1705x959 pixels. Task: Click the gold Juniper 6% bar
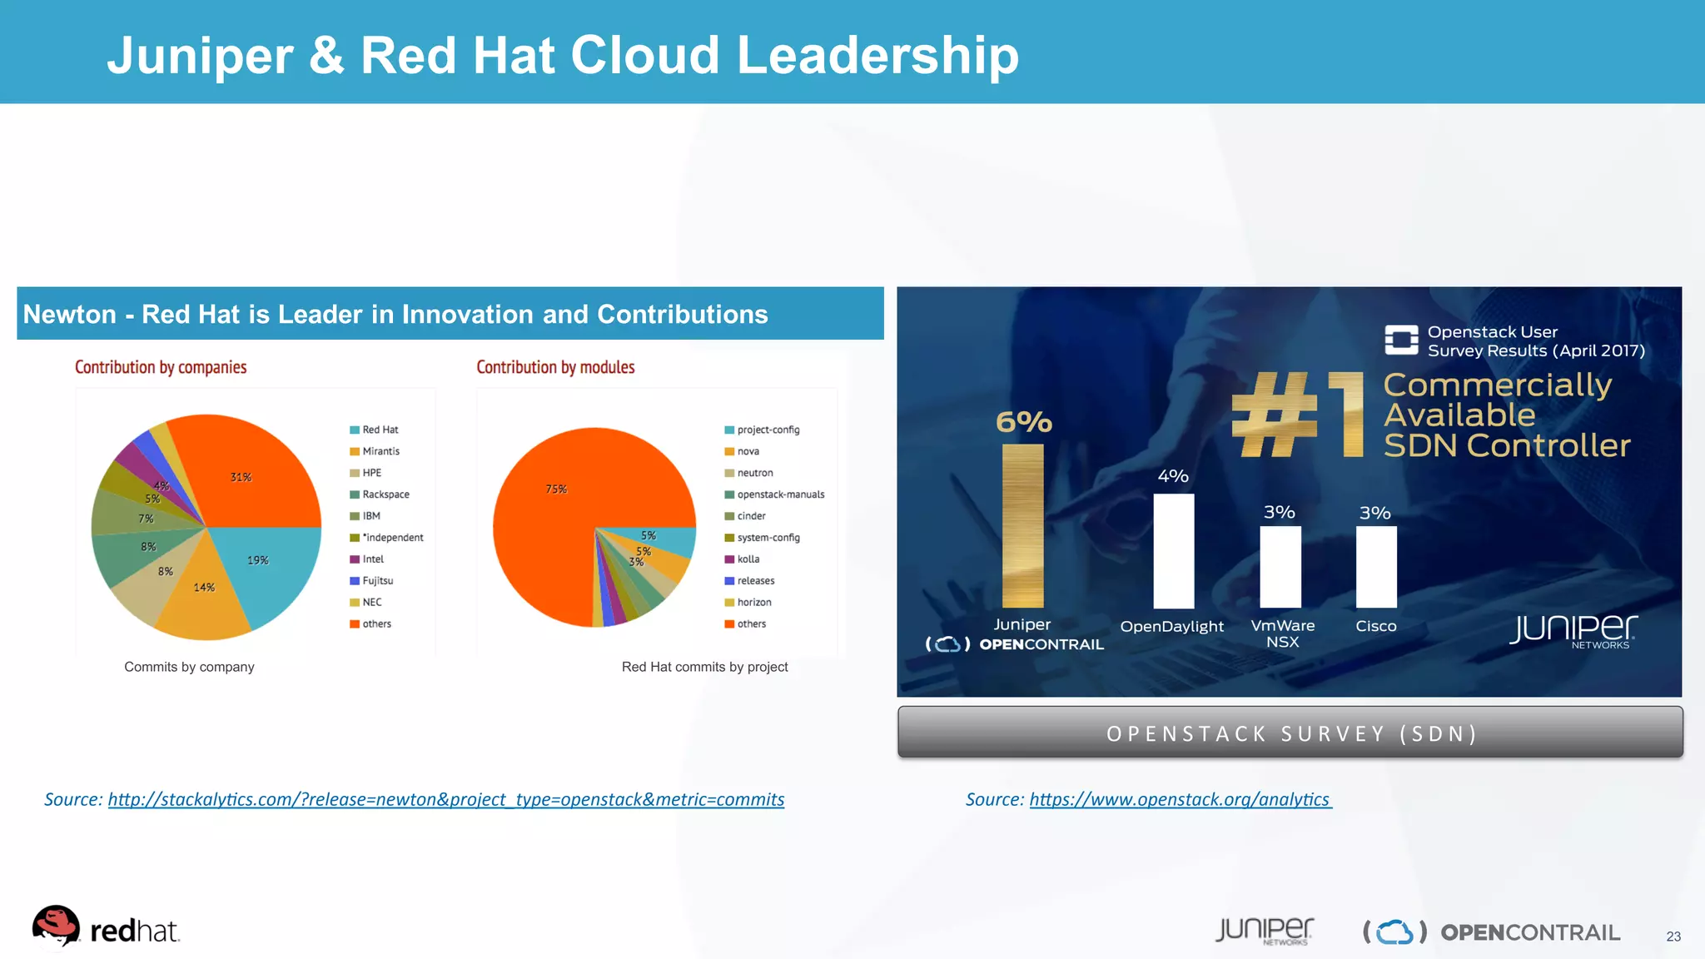point(1022,525)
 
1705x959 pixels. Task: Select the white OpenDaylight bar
point(1173,550)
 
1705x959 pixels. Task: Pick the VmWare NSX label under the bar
point(1282,634)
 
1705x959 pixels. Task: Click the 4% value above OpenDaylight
point(1173,476)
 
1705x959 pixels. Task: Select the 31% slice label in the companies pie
point(241,477)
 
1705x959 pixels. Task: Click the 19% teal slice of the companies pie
point(266,566)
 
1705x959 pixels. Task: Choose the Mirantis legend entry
point(380,451)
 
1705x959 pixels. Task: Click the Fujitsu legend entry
point(377,581)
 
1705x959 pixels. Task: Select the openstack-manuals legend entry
point(780,494)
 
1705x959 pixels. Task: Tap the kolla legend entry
point(748,559)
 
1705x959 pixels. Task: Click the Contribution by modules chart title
point(555,367)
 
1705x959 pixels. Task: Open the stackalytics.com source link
point(445,799)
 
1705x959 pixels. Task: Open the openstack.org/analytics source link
point(1179,799)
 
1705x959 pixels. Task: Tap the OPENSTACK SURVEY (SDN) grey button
point(1290,733)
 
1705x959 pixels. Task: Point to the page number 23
point(1673,937)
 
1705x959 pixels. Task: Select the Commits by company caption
point(189,667)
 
